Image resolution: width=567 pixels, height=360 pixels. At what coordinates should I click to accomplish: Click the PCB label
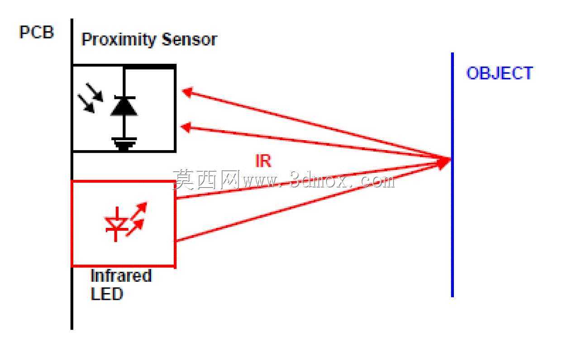point(37,32)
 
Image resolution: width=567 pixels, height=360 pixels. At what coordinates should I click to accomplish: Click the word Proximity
point(119,40)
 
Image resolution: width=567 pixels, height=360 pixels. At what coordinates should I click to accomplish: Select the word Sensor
point(190,39)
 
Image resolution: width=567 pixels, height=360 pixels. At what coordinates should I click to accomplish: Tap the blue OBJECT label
point(500,73)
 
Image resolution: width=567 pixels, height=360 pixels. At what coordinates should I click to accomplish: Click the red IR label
point(263,161)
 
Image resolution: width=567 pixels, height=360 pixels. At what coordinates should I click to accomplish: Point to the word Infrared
point(121,275)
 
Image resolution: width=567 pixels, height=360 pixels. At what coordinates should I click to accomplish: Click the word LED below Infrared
point(106,294)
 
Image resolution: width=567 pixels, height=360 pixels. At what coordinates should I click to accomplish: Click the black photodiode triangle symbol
point(124,106)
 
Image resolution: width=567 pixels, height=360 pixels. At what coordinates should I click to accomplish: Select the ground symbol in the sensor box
point(124,144)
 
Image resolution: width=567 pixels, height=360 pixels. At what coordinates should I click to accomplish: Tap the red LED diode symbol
point(116,224)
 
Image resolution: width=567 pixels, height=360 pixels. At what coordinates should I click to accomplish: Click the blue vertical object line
point(453,175)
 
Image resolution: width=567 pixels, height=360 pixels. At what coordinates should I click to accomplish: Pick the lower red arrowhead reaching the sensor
point(186,127)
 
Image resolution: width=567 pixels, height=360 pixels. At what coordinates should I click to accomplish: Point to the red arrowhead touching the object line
point(444,162)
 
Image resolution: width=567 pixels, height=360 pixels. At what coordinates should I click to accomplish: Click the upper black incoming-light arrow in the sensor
point(95,92)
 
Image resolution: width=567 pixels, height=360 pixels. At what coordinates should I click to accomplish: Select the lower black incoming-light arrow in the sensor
point(86,104)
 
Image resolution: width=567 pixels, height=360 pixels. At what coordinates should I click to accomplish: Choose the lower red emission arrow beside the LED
point(135,227)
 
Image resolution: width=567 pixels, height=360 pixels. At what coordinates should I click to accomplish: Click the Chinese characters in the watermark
point(206,180)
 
